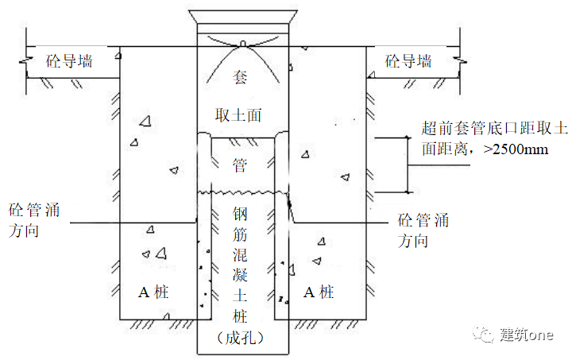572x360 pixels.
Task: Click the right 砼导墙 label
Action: pyautogui.click(x=408, y=61)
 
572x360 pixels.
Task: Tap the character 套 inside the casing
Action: pyautogui.click(x=240, y=76)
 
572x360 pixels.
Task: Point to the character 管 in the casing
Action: pyautogui.click(x=240, y=165)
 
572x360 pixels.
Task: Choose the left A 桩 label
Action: pyautogui.click(x=154, y=292)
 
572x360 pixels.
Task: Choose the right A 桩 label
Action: pyautogui.click(x=320, y=292)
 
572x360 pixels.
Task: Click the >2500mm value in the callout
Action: pyautogui.click(x=516, y=149)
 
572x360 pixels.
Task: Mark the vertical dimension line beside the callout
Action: pyautogui.click(x=407, y=165)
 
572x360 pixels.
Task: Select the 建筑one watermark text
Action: pyautogui.click(x=528, y=335)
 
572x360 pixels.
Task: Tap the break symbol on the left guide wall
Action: pyautogui.click(x=29, y=61)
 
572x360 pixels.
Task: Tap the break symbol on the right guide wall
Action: pyautogui.click(x=459, y=61)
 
